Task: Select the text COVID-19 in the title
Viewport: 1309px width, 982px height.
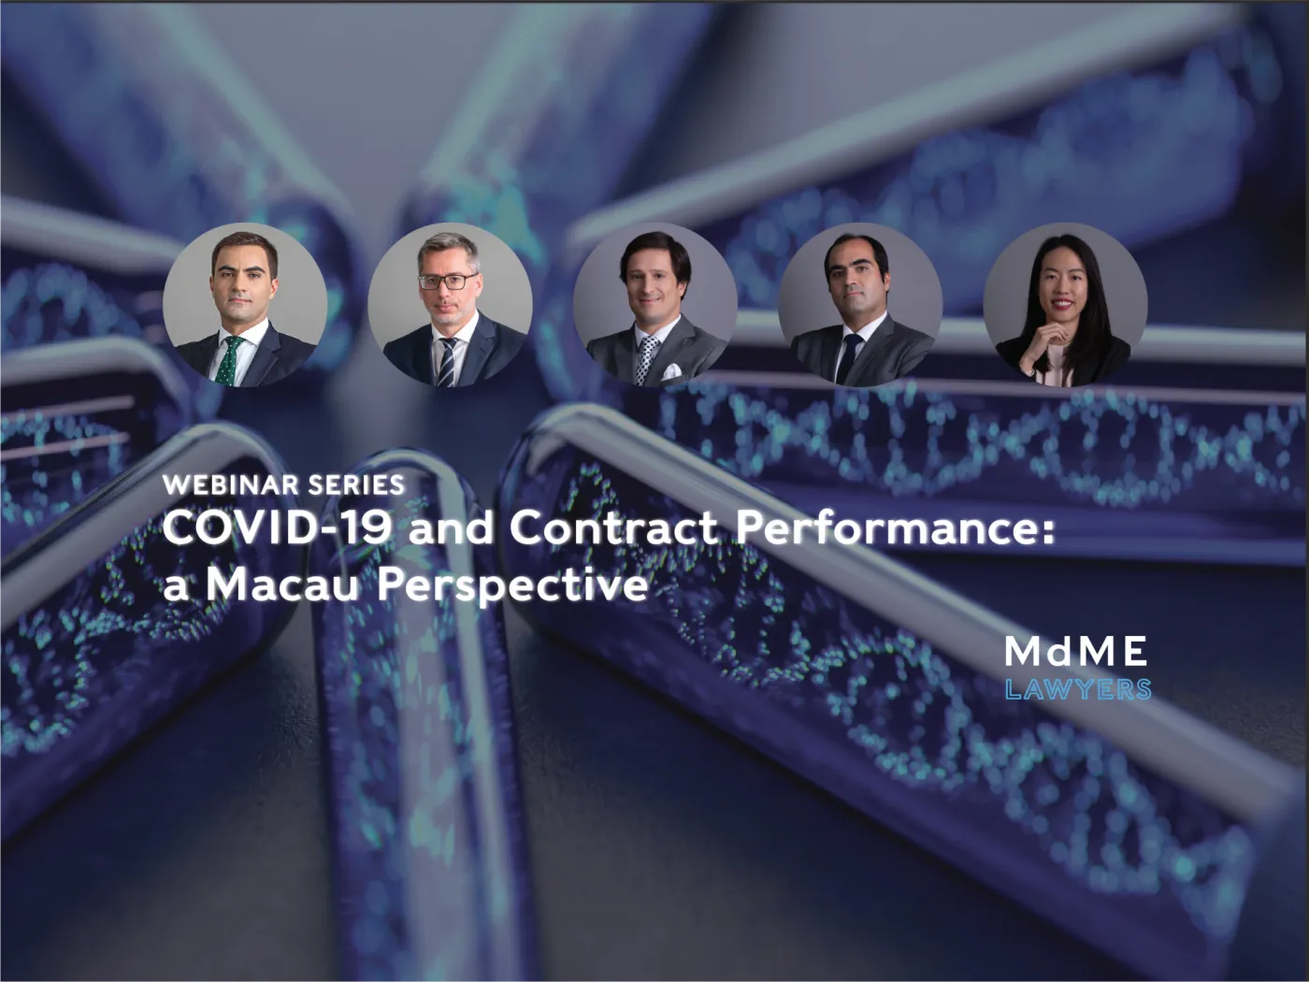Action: click(278, 528)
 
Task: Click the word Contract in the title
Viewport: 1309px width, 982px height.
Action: click(613, 528)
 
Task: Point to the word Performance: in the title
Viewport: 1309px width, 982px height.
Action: click(896, 528)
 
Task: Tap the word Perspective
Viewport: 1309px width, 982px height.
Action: click(512, 588)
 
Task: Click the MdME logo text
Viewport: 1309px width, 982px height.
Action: click(1075, 651)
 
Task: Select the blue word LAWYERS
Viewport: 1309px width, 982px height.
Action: click(1078, 690)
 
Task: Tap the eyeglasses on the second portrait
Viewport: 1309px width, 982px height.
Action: click(448, 282)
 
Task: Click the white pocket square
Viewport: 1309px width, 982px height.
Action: click(671, 371)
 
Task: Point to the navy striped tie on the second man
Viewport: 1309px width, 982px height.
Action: click(447, 361)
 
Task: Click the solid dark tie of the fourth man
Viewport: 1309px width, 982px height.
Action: click(848, 358)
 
